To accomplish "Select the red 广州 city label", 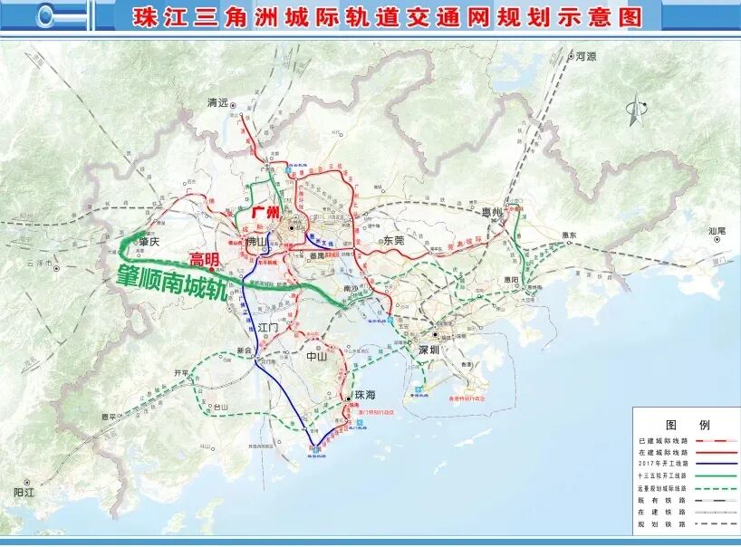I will click(265, 213).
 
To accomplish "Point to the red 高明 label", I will click(205, 260).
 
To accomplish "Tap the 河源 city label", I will click(586, 56).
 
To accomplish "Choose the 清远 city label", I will click(217, 102).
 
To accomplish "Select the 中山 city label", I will click(316, 356).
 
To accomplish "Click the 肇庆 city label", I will click(149, 242).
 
